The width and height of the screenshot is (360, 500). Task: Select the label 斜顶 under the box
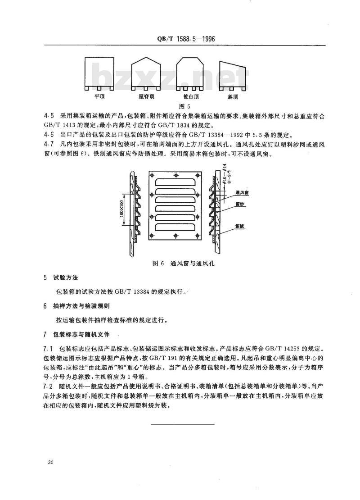[233, 96]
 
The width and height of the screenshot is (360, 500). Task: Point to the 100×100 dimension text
[121, 209]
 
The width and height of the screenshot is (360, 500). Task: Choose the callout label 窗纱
[239, 204]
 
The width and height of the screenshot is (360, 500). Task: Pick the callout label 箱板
[239, 226]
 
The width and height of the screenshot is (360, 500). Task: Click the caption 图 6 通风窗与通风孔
[181, 264]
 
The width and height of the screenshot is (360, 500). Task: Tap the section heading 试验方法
[66, 277]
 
